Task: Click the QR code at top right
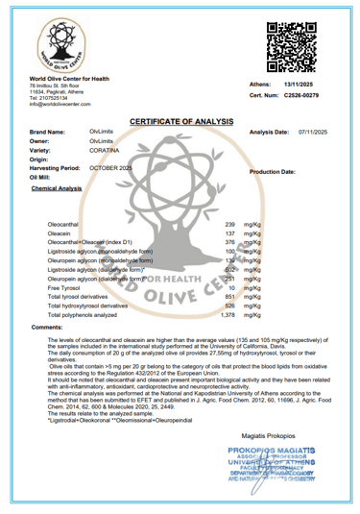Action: tap(287, 50)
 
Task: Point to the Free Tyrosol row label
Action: tap(65, 287)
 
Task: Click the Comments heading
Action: tap(48, 329)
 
